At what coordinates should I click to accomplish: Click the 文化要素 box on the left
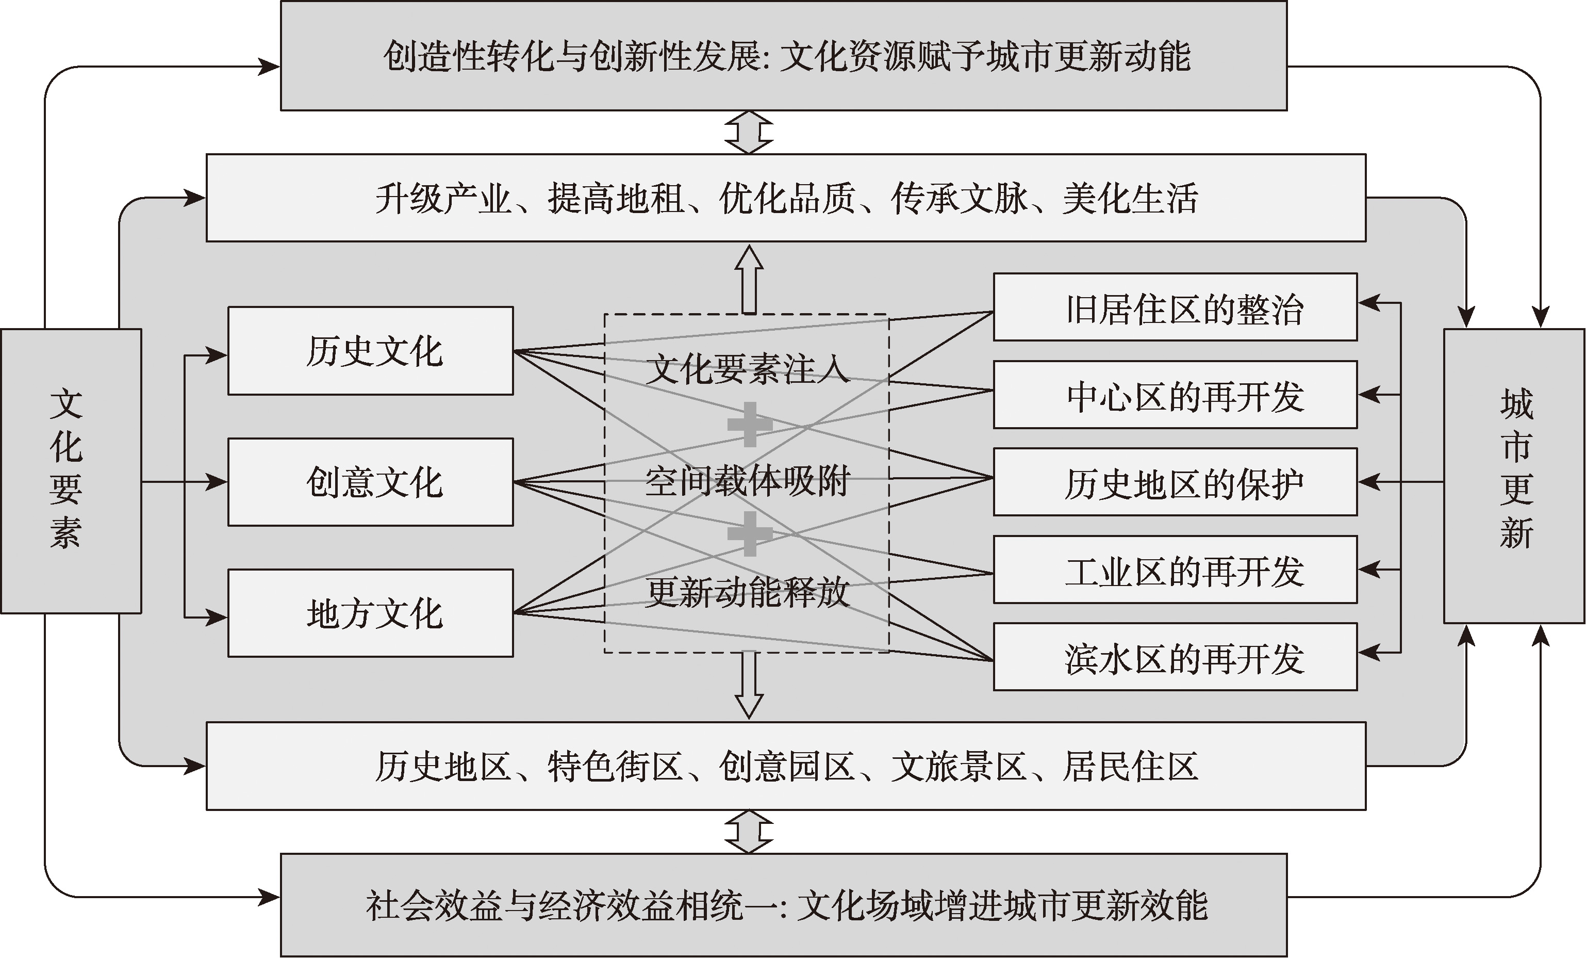71,470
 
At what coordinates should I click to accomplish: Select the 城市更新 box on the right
1514,476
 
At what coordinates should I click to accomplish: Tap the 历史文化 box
371,351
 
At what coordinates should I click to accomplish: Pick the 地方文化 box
371,613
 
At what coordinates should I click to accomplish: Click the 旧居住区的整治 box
1176,307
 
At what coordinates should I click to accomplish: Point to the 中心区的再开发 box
1176,395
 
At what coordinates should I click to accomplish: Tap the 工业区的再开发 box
1176,570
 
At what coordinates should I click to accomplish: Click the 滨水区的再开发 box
1176,657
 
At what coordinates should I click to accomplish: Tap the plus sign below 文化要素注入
750,424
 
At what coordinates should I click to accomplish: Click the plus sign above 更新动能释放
750,534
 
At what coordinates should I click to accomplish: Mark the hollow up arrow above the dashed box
749,280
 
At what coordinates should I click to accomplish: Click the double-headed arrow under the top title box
749,133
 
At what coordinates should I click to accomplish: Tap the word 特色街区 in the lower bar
615,766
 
